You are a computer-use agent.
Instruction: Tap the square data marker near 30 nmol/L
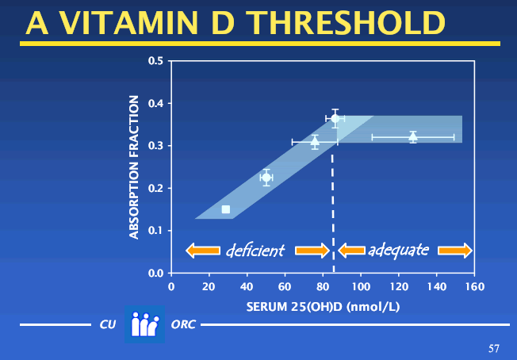tap(226, 209)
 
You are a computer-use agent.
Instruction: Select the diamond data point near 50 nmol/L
tap(266, 178)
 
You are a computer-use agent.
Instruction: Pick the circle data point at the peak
tap(335, 118)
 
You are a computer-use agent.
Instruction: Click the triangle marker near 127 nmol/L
tap(413, 136)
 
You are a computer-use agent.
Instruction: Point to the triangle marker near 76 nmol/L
tap(315, 142)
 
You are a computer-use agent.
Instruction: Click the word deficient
tap(255, 251)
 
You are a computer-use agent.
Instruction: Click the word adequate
tap(398, 251)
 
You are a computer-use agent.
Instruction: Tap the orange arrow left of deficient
tap(203, 251)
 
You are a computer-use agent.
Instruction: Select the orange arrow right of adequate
tap(455, 251)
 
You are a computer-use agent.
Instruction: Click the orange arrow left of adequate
tap(351, 251)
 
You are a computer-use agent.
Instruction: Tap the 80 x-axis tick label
tap(323, 285)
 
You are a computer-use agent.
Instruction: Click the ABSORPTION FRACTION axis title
tap(134, 167)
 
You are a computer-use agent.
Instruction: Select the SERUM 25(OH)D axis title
tap(322, 306)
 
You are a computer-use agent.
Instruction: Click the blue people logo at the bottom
tap(144, 325)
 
